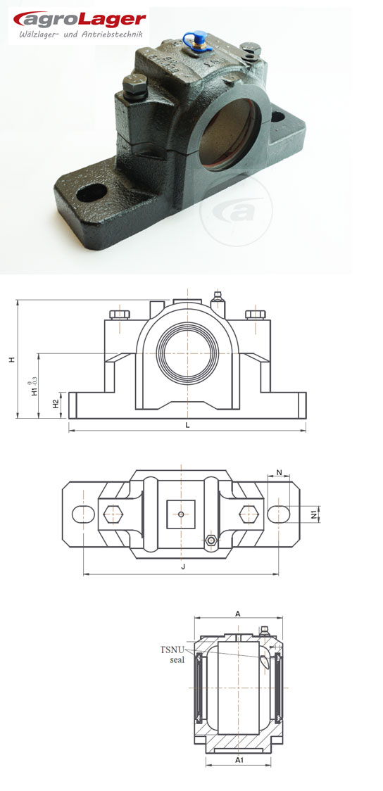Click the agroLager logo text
(x=80, y=19)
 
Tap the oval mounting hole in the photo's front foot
(x=92, y=192)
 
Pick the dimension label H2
(x=56, y=403)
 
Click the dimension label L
(x=187, y=425)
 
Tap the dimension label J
(x=183, y=567)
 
